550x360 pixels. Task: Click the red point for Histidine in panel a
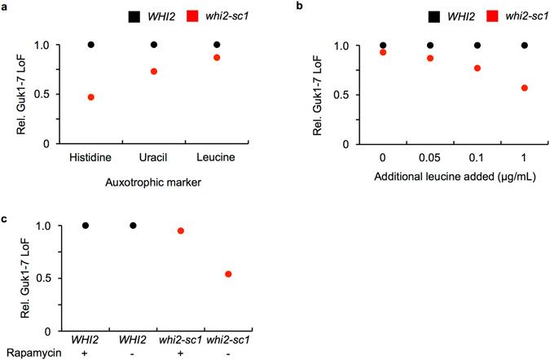pos(91,97)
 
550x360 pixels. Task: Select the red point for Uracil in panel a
pos(154,72)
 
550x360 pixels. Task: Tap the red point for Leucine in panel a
pos(217,57)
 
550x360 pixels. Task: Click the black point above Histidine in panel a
pos(91,45)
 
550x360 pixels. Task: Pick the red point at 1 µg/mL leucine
pos(524,88)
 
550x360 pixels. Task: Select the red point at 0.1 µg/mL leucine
pos(477,68)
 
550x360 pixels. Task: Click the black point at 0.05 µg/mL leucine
pos(430,46)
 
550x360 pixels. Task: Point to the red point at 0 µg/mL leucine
pos(383,52)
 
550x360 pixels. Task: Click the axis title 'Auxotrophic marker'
pos(154,182)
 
